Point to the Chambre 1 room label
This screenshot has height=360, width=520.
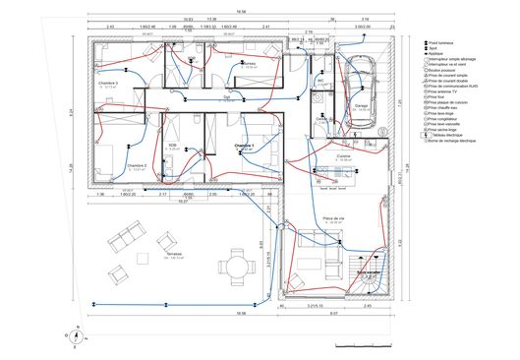click(245, 146)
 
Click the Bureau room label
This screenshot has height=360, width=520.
click(249, 63)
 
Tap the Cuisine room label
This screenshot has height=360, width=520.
click(343, 156)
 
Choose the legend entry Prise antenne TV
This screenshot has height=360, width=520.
click(448, 91)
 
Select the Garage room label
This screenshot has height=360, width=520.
click(363, 105)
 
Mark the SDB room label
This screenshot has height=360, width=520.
click(173, 145)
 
